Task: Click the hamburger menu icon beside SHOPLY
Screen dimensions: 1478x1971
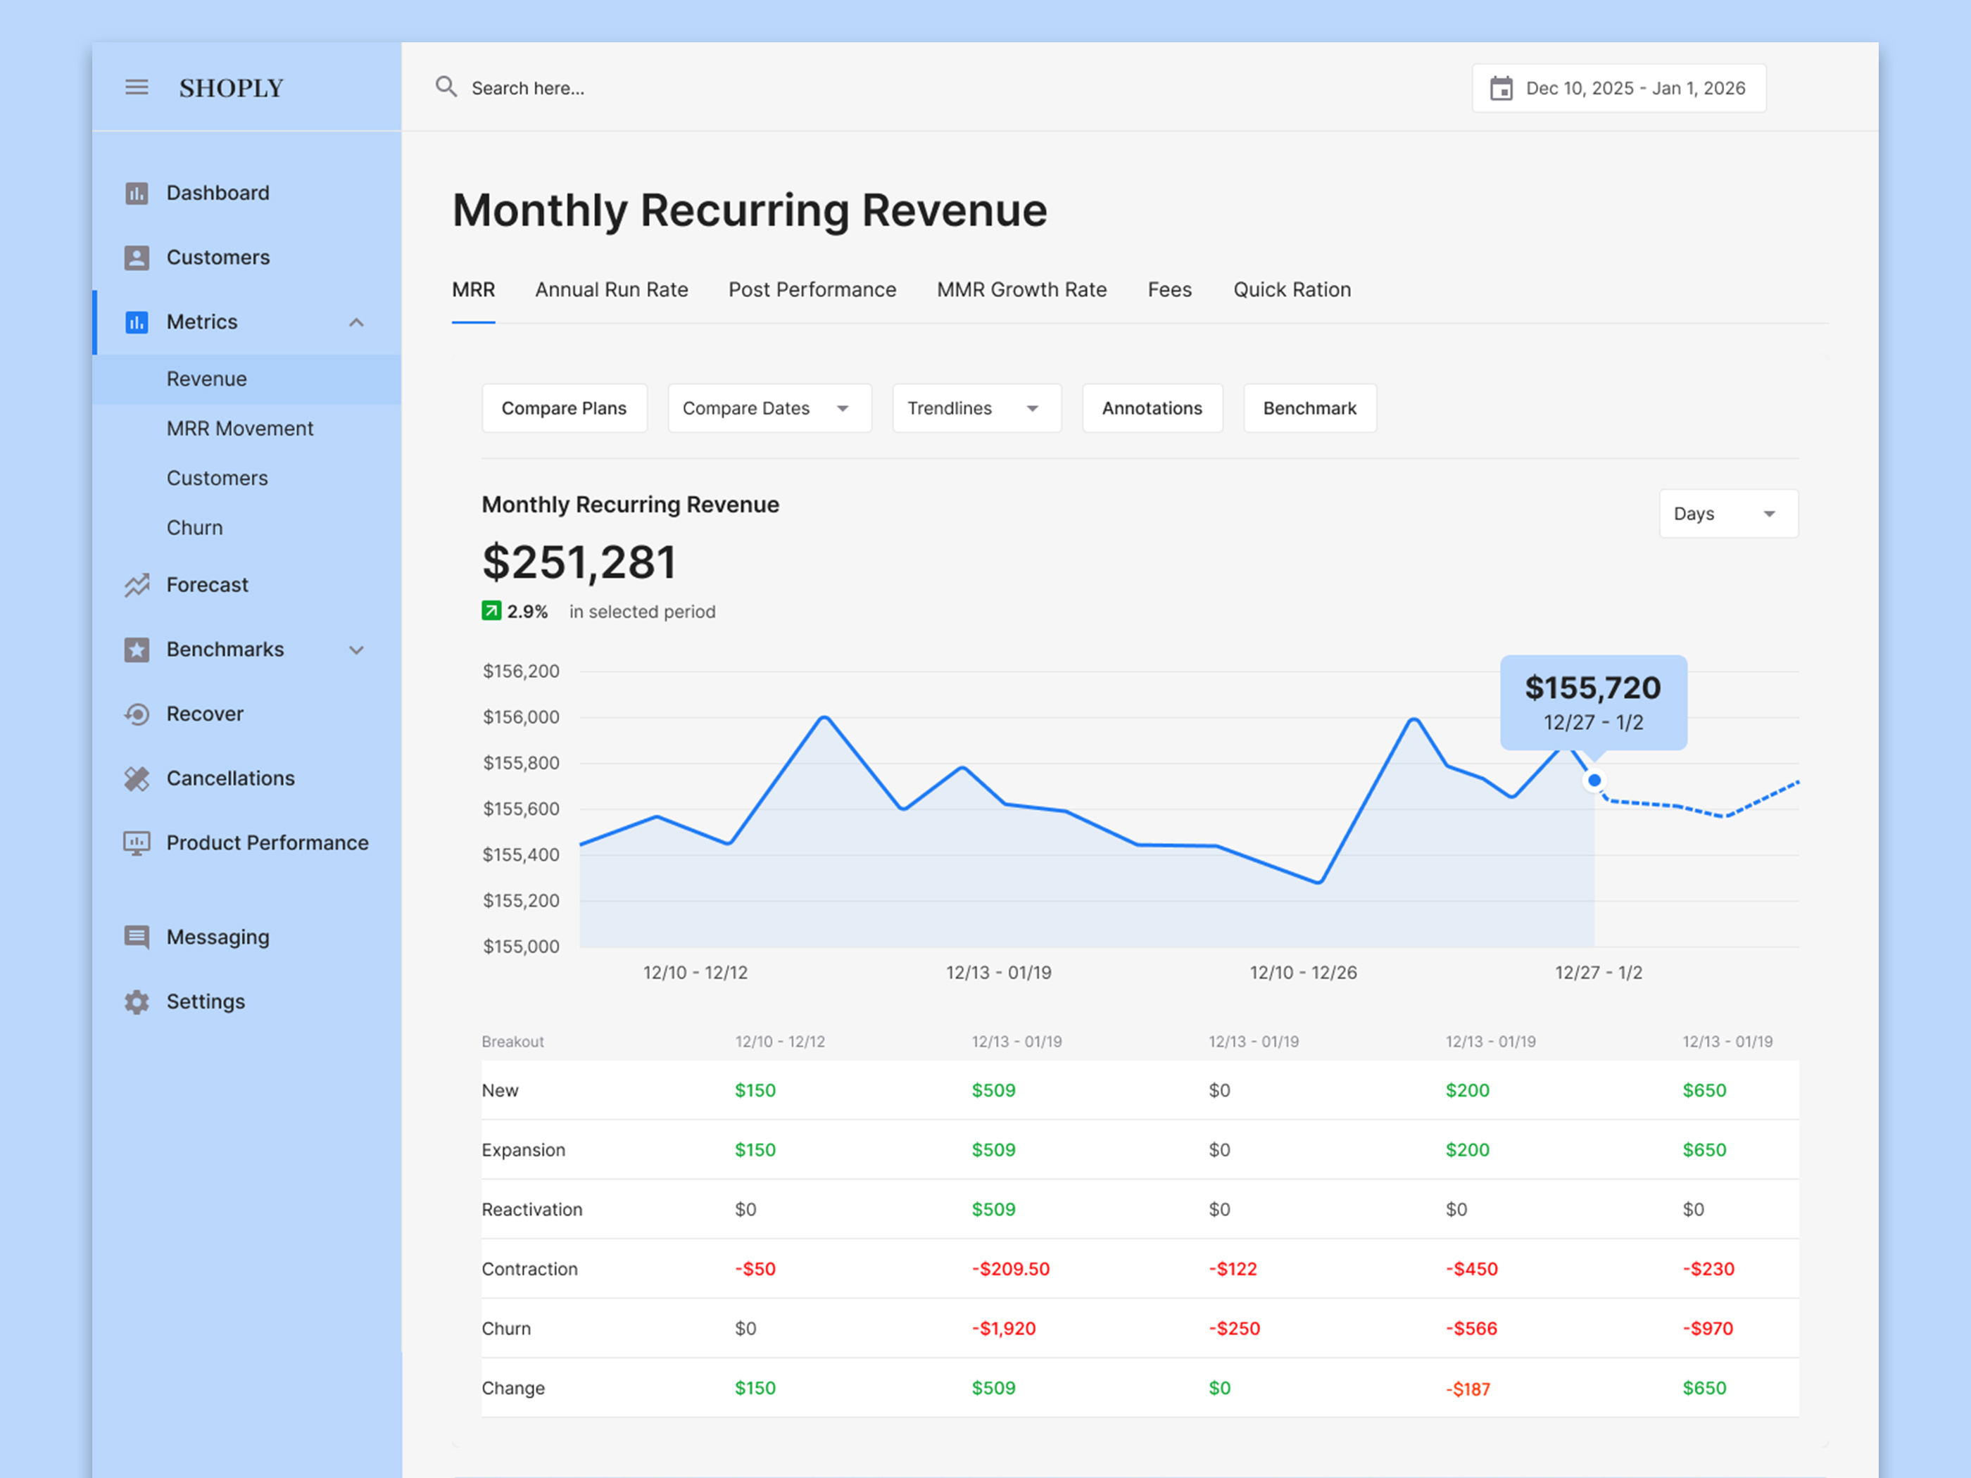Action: pos(137,87)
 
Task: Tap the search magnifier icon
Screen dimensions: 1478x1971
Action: pos(446,87)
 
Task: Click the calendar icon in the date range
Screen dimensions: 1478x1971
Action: pos(1501,88)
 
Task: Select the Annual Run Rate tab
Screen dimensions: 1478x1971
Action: pos(611,289)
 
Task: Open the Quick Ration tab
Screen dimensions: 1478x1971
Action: pos(1291,289)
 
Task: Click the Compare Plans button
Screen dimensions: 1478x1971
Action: pos(564,408)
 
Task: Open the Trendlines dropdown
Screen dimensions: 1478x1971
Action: pos(976,408)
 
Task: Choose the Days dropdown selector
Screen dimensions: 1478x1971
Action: pos(1727,514)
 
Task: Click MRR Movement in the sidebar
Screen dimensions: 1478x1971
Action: pos(240,429)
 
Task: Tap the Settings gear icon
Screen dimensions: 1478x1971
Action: pos(137,1002)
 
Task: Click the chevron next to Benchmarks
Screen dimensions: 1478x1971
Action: pos(356,650)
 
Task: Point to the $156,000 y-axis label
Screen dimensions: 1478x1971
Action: pos(522,717)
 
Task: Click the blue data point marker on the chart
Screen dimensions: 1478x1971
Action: pos(1594,781)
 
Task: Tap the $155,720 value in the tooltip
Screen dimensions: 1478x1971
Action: pos(1592,688)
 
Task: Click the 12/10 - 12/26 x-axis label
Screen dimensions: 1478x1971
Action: pos(1303,973)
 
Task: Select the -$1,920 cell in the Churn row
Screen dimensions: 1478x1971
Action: pos(1003,1328)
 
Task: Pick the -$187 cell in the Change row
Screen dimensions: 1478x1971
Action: pos(1468,1389)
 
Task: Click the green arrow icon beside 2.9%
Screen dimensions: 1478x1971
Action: pos(491,611)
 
